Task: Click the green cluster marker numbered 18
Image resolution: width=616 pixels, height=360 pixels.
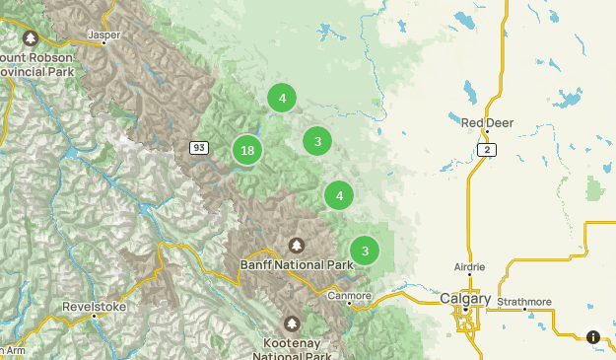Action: pyautogui.click(x=247, y=150)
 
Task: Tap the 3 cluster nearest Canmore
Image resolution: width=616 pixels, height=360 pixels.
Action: pyautogui.click(x=365, y=250)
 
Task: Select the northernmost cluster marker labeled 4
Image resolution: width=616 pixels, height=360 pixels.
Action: pyautogui.click(x=282, y=98)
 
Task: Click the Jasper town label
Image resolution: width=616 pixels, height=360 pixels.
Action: pyautogui.click(x=103, y=35)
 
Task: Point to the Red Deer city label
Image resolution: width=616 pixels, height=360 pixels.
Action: pyautogui.click(x=487, y=122)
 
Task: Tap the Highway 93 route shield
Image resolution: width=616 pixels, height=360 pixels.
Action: pyautogui.click(x=199, y=148)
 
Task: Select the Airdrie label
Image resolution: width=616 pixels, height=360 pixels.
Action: pyautogui.click(x=469, y=267)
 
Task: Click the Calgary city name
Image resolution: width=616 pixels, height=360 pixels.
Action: pyautogui.click(x=465, y=297)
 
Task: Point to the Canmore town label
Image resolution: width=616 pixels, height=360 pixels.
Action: pyautogui.click(x=349, y=295)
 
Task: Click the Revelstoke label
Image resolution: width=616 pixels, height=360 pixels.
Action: pyautogui.click(x=94, y=306)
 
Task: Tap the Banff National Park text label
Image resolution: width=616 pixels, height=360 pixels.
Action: pyautogui.click(x=296, y=264)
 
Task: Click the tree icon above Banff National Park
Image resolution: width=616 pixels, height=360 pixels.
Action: pyautogui.click(x=296, y=245)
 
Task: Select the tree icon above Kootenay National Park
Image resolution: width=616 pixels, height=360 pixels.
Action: pyautogui.click(x=292, y=323)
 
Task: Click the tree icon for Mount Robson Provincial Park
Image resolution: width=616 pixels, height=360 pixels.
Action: pyautogui.click(x=31, y=38)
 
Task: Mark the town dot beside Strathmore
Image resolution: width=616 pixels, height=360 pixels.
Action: pyautogui.click(x=524, y=310)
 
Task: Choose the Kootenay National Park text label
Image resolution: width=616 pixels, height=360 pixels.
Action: pyautogui.click(x=292, y=348)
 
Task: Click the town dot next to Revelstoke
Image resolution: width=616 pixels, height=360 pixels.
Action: pyautogui.click(x=95, y=316)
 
